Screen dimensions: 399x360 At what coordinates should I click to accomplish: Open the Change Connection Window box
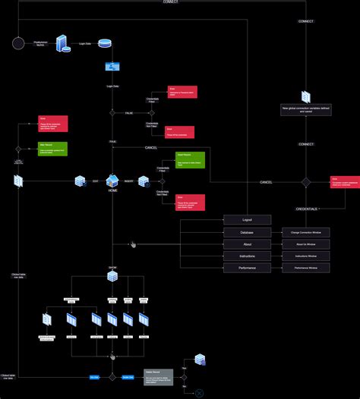(x=306, y=232)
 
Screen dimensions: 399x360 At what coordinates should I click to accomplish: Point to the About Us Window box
(x=306, y=244)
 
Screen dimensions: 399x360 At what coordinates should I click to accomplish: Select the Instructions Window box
(x=306, y=256)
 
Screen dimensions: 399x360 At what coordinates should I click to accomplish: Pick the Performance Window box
(x=306, y=269)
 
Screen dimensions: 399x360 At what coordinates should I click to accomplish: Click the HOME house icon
(x=112, y=181)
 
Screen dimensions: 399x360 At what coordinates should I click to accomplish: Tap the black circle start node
(x=18, y=43)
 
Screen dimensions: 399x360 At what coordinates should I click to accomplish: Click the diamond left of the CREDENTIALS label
(x=305, y=182)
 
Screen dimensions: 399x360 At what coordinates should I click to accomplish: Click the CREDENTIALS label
(x=306, y=208)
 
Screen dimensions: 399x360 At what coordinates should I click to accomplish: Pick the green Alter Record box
(x=52, y=149)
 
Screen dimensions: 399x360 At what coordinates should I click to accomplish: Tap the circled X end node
(x=200, y=393)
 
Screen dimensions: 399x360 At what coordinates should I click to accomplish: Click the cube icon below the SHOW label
(x=112, y=277)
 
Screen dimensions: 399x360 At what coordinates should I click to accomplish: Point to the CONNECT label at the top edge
(x=170, y=2)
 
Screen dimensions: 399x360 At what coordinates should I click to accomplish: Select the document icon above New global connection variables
(x=305, y=97)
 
